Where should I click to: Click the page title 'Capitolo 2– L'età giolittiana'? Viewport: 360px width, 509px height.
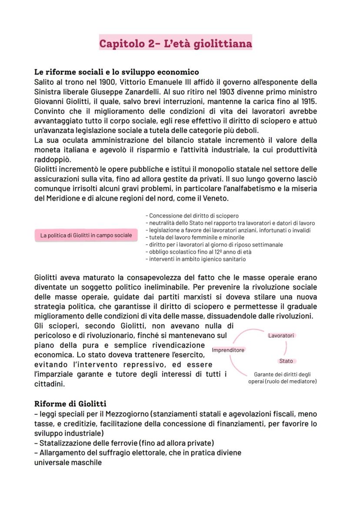175,43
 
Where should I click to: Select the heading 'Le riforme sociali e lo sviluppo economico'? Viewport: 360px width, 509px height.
117,72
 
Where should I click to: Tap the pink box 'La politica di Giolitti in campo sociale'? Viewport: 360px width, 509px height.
86,236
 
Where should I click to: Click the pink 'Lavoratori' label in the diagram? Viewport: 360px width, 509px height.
281,335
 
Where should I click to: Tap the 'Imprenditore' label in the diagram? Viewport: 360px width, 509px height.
228,350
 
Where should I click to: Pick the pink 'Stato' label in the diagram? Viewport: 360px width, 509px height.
286,361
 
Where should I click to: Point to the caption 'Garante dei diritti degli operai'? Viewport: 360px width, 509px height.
283,378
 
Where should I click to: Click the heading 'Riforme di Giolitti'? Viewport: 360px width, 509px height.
70,404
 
